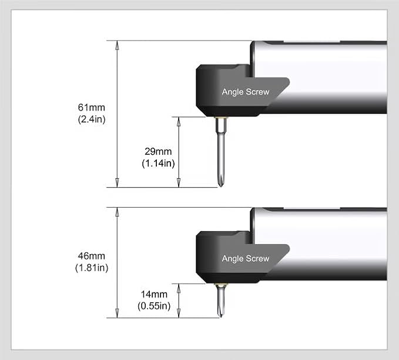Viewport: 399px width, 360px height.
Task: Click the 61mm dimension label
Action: [x=91, y=108]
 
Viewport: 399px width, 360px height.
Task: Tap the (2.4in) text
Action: [x=92, y=119]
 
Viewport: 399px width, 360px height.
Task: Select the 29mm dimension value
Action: [x=158, y=151]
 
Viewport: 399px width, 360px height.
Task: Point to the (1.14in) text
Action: [x=158, y=163]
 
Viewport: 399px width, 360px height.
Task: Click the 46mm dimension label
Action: [x=91, y=256]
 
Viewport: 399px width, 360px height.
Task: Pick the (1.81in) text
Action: [x=92, y=268]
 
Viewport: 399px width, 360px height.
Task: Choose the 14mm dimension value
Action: [x=154, y=294]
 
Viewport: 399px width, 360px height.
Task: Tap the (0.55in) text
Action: [x=154, y=306]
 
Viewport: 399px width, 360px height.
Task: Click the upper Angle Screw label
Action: [x=246, y=92]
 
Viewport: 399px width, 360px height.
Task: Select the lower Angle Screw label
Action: [x=246, y=259]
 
